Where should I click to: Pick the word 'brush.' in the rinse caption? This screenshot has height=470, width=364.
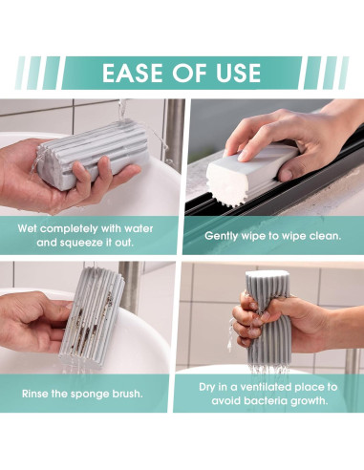(x=127, y=394)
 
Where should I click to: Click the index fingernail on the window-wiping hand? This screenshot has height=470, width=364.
(x=244, y=156)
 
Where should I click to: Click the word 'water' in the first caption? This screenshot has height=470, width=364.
(x=139, y=228)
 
